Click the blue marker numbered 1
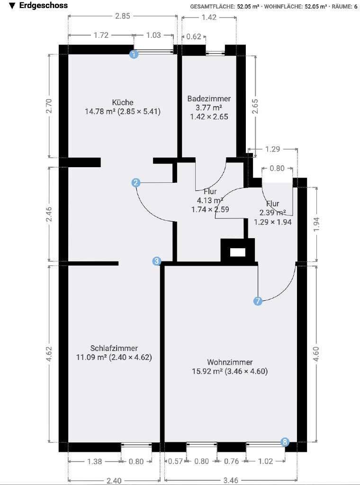(134, 55)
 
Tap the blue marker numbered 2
(136, 183)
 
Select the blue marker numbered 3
(157, 261)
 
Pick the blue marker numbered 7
(258, 301)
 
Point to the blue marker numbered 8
(285, 442)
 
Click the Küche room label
(123, 102)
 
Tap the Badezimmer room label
(209, 99)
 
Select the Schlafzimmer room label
(114, 348)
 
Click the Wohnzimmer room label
(230, 362)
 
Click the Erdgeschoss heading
(43, 6)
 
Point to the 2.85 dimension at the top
(123, 16)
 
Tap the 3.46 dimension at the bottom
(231, 480)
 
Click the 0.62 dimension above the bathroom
(194, 36)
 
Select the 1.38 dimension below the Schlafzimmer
(94, 461)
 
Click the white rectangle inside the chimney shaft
(238, 252)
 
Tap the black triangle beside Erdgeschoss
(12, 6)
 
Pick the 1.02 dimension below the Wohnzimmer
(265, 461)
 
